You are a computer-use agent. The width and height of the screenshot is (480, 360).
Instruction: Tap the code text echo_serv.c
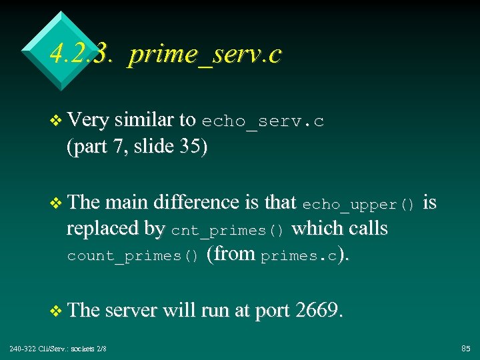click(263, 121)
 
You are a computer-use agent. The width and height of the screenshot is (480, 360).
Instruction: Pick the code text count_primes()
click(133, 256)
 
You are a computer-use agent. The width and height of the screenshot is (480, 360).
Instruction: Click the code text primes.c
click(299, 256)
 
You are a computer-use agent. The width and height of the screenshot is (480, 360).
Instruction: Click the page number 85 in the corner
click(465, 349)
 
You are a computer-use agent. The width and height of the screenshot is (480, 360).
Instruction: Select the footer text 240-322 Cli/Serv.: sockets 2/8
click(58, 349)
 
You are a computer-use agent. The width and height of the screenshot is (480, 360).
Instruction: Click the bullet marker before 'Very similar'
click(57, 121)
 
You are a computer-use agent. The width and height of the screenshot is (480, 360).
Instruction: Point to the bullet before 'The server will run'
click(57, 311)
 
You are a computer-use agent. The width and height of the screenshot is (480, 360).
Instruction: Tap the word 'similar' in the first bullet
click(145, 120)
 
